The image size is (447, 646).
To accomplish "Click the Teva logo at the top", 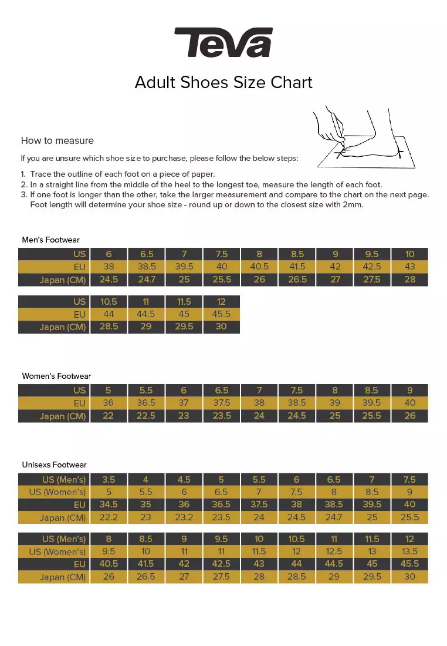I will (223, 42).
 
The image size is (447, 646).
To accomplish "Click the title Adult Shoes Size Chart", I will (223, 82).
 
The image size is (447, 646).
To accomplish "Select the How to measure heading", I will (57, 140).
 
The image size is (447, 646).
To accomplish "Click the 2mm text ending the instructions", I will (353, 205).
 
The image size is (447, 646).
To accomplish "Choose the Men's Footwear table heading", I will (50, 240).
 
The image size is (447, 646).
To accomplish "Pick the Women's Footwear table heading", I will (56, 376).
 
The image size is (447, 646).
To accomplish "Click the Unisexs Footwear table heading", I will (54, 465).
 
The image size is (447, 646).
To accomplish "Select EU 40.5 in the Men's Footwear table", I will (259, 267).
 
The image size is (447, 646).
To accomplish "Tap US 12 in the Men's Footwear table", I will (221, 301).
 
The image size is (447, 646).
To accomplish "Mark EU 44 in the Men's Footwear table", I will (109, 314).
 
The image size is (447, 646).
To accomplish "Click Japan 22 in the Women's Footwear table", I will (109, 416).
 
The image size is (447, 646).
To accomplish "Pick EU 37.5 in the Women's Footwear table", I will (221, 403).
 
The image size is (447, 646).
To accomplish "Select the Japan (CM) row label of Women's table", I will (63, 416).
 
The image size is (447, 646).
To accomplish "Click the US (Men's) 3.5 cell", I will (109, 479).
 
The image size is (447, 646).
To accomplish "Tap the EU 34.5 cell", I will (109, 504).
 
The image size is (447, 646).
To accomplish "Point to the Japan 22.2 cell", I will (109, 517).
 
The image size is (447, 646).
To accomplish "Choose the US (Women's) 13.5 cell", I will (409, 551).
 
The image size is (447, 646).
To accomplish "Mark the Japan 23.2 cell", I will (184, 517).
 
